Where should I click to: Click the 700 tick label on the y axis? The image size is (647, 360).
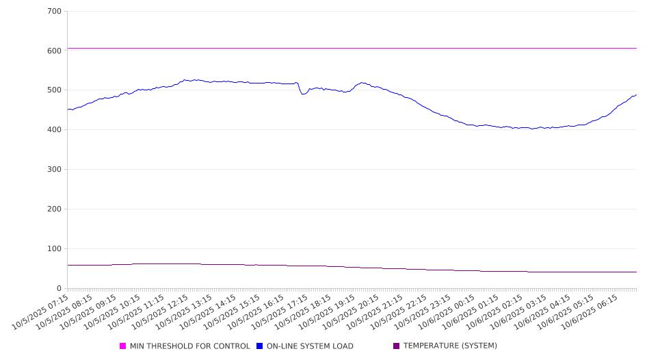pos(55,12)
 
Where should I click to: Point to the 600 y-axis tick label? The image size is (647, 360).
pos(55,51)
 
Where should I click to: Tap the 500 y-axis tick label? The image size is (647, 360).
pos(55,90)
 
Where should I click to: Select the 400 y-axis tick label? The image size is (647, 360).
pos(55,130)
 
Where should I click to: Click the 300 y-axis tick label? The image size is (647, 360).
pos(55,170)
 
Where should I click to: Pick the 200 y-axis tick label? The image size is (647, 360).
pos(55,209)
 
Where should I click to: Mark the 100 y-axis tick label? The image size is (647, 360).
pos(55,249)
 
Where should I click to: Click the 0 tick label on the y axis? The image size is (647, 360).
pos(60,289)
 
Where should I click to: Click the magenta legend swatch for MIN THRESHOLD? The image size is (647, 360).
pos(123,346)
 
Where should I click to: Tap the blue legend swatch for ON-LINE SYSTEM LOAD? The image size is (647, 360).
pos(260,346)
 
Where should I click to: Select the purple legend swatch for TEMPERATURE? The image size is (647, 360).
pos(397,346)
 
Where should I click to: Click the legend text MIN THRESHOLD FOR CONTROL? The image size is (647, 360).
pos(190,346)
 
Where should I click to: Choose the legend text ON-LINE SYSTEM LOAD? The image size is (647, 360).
pos(310,346)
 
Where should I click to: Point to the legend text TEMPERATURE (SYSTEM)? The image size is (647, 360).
pos(450,346)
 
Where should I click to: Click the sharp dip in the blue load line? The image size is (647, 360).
pos(303,94)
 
